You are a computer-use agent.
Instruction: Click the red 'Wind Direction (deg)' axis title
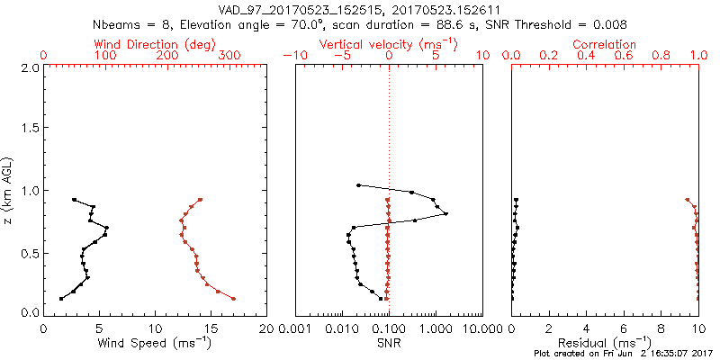point(156,44)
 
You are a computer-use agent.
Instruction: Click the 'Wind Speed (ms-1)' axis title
point(156,344)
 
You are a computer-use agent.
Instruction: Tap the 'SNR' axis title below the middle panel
point(389,344)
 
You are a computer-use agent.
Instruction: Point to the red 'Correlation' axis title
point(605,44)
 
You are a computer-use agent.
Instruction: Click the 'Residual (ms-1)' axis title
point(605,344)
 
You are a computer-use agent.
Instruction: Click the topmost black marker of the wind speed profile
point(74,200)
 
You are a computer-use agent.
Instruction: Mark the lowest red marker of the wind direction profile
point(233,299)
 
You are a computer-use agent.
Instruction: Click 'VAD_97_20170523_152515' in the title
point(285,9)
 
